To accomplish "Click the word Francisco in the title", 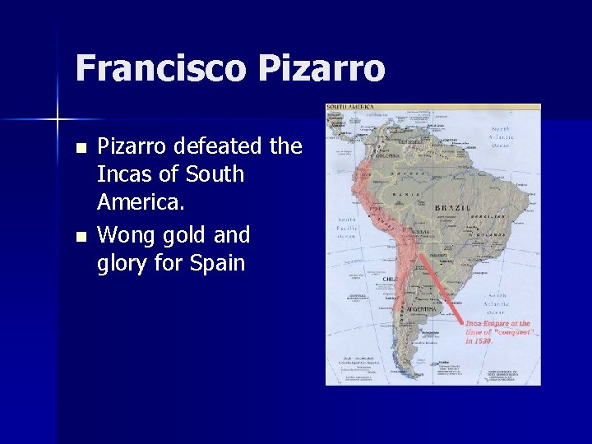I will point(160,67).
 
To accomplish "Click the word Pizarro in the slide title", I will point(321,67).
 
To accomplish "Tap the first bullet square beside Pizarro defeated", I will point(80,149).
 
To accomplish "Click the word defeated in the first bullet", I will point(227,146).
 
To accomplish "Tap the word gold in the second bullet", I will point(183,236).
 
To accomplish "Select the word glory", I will point(123,264).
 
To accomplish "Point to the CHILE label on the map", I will point(390,280).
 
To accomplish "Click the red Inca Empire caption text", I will point(498,332).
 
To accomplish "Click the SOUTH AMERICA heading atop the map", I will point(350,107).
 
